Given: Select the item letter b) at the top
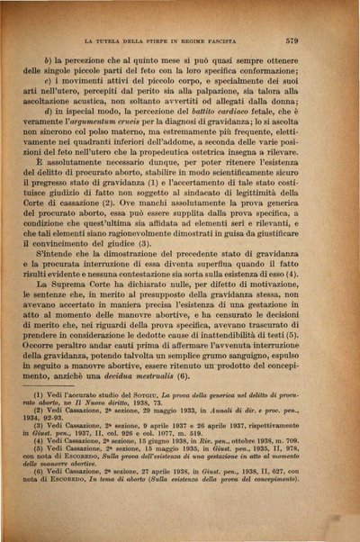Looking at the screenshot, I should click(60, 59).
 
